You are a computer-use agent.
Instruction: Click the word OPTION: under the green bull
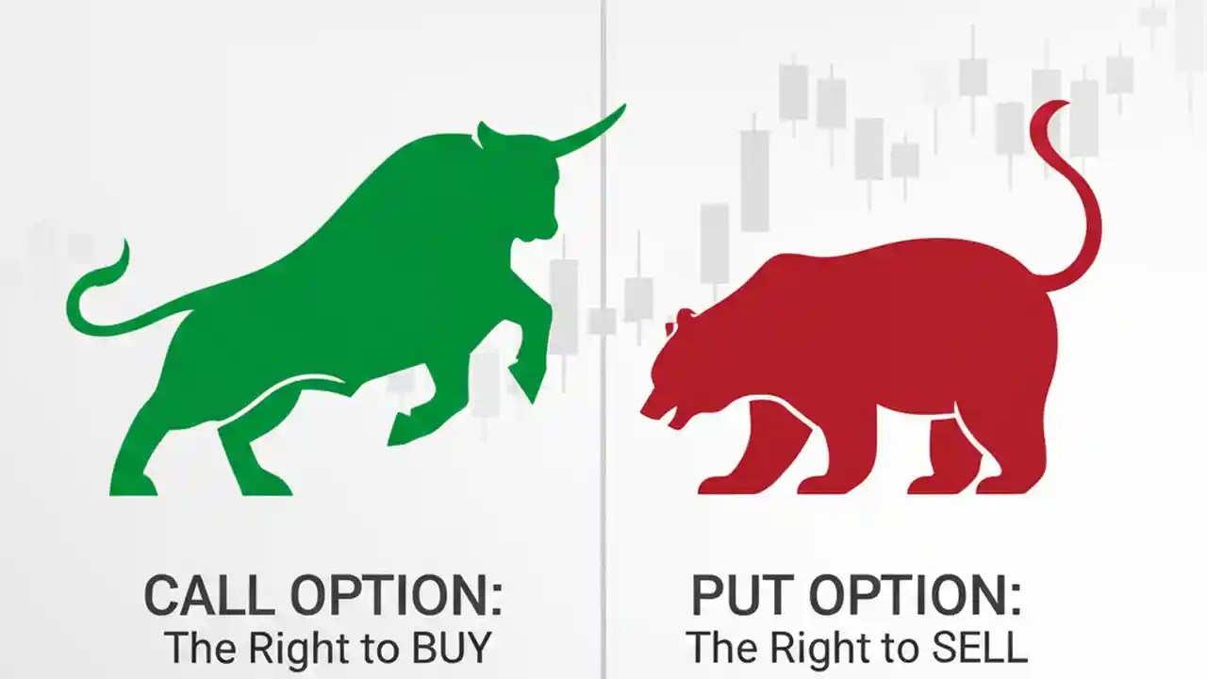(396, 596)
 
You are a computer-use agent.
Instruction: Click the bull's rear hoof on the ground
(132, 485)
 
